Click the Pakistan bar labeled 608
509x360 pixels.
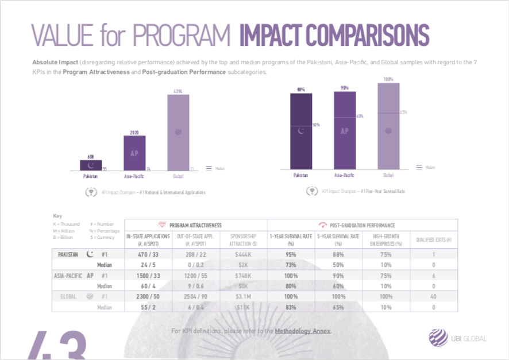point(91,165)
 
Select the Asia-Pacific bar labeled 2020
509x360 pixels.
point(134,153)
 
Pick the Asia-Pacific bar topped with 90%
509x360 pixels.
point(344,130)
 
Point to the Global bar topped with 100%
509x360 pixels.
point(388,127)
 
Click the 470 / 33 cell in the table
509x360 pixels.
point(147,254)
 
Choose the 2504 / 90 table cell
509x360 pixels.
point(195,296)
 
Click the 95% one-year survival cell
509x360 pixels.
point(291,254)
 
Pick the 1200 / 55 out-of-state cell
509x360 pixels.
point(195,276)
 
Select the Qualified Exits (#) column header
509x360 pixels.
point(434,239)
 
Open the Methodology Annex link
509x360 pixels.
point(302,331)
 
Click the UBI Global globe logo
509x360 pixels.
point(440,338)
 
